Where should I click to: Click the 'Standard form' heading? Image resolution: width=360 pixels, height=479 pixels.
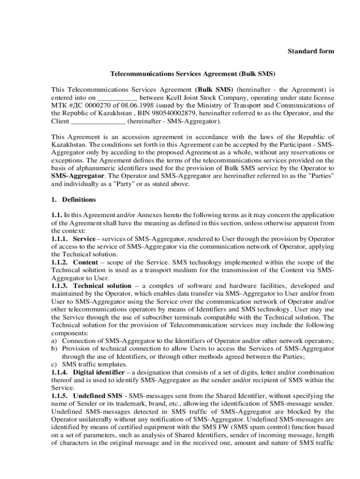[310, 51]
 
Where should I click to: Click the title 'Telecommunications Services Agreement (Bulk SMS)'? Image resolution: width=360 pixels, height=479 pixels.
[193, 74]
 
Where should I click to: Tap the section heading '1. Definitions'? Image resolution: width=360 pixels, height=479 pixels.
[73, 200]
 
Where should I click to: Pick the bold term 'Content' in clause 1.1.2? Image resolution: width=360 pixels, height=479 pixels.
[85, 262]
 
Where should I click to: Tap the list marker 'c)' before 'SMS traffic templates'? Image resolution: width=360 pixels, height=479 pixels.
[54, 364]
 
